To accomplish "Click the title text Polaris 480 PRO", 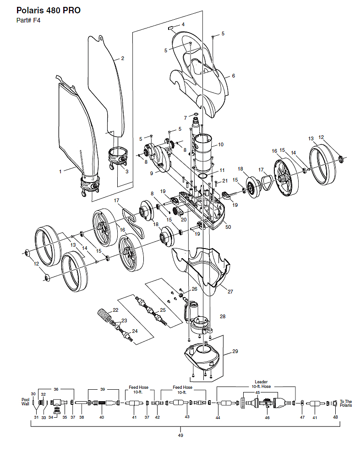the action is pos(49,11).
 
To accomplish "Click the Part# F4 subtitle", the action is pos(28,20).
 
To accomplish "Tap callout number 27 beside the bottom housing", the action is pos(230,292).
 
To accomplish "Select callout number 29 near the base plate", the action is pos(235,351).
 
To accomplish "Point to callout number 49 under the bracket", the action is pos(180,436).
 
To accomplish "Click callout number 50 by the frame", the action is pos(228,227).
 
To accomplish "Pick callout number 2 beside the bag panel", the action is pos(123,58).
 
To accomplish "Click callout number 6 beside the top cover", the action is pos(234,76).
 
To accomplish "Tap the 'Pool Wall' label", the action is pos(25,402).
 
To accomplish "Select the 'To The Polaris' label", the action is pos(346,403).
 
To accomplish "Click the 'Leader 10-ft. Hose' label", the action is pos(261,384).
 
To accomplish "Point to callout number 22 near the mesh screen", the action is pos(115,310).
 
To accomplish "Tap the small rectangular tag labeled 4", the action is pos(170,28).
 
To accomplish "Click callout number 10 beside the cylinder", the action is pos(221,144).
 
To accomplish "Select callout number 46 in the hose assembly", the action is pos(267,417).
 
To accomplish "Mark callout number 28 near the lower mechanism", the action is pos(223,316).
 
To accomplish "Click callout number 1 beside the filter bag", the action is pos(60,171).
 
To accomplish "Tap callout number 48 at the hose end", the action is pos(335,417).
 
